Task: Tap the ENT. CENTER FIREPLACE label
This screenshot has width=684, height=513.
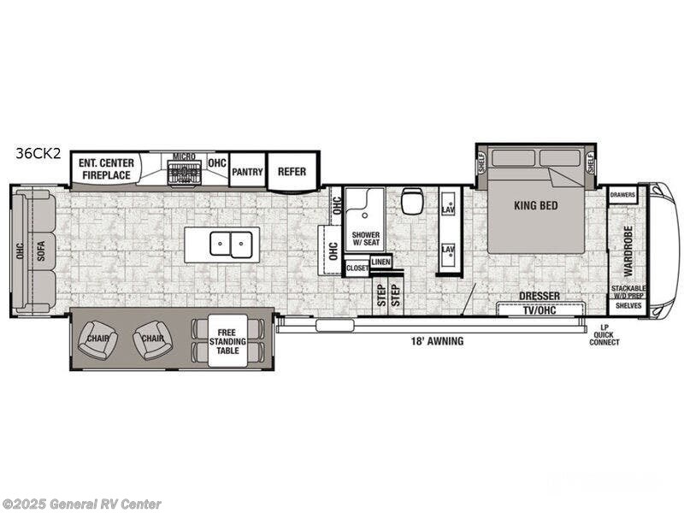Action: (x=105, y=168)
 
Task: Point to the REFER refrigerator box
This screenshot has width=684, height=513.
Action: (x=292, y=171)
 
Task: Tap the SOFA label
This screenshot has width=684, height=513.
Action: (x=40, y=251)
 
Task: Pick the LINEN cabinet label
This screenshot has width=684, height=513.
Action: (x=380, y=262)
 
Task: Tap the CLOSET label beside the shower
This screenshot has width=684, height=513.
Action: (x=357, y=268)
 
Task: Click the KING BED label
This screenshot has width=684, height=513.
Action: (x=536, y=205)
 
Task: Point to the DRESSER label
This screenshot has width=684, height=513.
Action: (x=540, y=296)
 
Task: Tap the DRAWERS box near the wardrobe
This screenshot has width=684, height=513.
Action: (x=622, y=195)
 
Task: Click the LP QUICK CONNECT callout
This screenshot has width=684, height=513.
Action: (x=604, y=334)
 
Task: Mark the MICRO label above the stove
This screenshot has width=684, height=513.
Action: (x=184, y=156)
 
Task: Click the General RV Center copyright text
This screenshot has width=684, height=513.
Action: (x=82, y=504)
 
